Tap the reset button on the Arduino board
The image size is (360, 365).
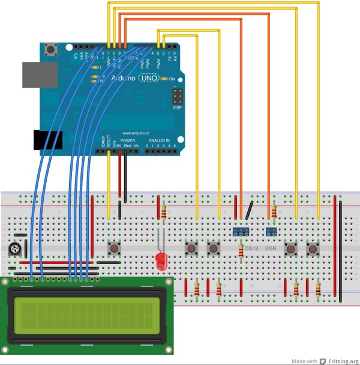(x=56, y=48)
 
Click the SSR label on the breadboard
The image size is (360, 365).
(x=271, y=248)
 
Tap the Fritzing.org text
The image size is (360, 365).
(x=342, y=361)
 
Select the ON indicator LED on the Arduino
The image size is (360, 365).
(x=164, y=79)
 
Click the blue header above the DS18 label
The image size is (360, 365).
(x=241, y=231)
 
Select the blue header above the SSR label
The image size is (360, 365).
(x=271, y=231)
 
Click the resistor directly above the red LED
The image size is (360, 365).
(x=164, y=212)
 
